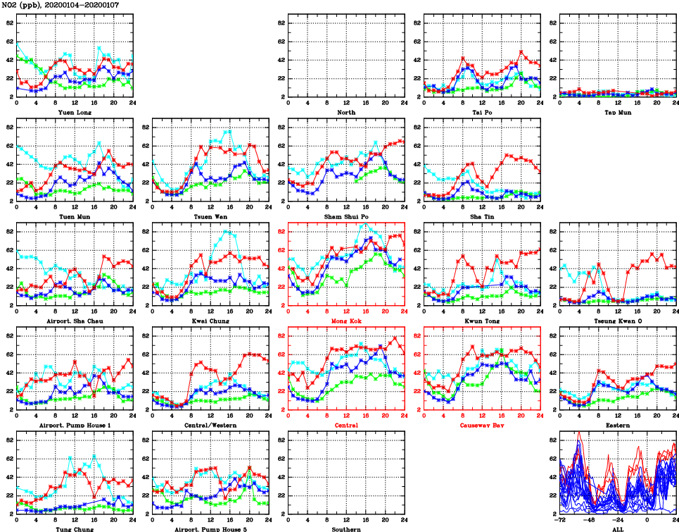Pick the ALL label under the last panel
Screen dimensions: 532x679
click(618, 529)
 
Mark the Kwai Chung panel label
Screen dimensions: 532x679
click(210, 321)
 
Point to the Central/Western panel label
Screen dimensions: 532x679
click(210, 426)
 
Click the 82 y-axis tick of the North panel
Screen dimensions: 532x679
click(279, 23)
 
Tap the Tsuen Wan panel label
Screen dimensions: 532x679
click(210, 217)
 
